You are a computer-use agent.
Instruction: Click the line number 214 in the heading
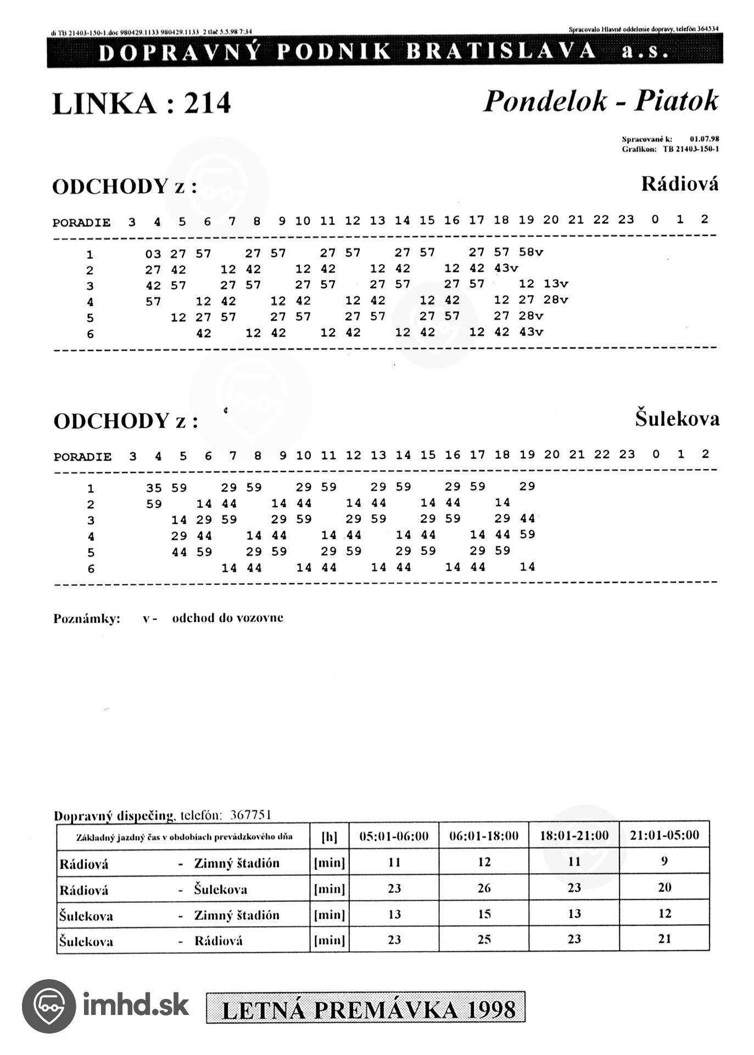click(207, 103)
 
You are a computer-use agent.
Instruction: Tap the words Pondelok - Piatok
click(600, 101)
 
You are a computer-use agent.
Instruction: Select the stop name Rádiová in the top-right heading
click(679, 184)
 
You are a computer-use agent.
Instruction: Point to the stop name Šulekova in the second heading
click(677, 419)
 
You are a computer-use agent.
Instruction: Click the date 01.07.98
click(704, 139)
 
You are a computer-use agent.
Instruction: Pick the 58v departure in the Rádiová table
click(530, 252)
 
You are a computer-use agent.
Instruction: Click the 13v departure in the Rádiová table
click(556, 284)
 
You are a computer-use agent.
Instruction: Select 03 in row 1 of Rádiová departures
click(153, 254)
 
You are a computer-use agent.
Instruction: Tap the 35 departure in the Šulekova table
click(154, 488)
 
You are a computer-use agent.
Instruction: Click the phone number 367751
click(251, 815)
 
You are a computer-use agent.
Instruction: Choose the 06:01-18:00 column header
click(484, 836)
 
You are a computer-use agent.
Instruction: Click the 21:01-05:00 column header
click(664, 835)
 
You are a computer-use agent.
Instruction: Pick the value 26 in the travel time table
click(484, 889)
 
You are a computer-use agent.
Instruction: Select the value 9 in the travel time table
click(664, 861)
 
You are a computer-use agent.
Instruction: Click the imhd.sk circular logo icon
click(49, 1006)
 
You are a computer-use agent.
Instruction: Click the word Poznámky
click(87, 619)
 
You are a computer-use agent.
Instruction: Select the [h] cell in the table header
click(329, 837)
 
